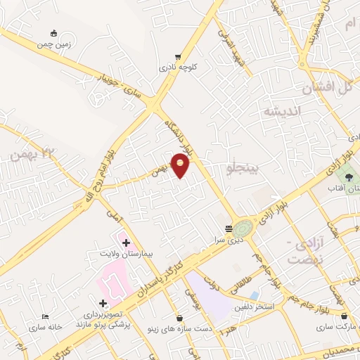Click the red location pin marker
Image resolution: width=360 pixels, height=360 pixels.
click(181, 165)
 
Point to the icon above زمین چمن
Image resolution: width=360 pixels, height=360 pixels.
click(54, 32)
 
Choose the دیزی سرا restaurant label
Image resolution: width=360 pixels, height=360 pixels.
click(229, 238)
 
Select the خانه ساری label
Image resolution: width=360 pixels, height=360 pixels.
click(46, 328)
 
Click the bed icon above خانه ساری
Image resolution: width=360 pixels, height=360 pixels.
click(46, 317)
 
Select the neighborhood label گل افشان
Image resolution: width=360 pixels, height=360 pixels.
click(326, 89)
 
